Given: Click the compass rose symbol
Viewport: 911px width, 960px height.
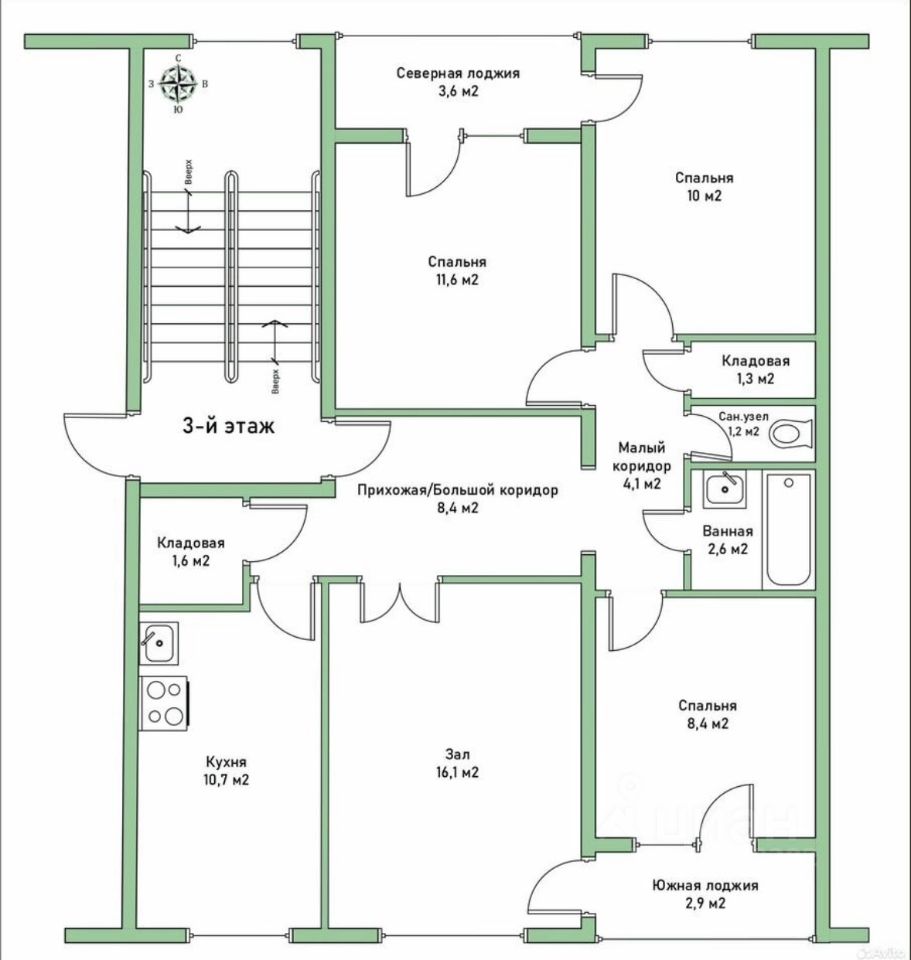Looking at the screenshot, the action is coord(178,85).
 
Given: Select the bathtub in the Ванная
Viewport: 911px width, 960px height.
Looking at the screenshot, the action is coord(788,531).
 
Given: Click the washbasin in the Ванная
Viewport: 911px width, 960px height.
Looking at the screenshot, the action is coord(721,490).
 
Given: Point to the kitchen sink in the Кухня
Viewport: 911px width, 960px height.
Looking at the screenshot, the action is coord(158,642).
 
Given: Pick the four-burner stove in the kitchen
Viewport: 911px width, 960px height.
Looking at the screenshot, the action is coord(163,702).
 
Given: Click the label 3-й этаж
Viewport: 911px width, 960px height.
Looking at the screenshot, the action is coord(228,425).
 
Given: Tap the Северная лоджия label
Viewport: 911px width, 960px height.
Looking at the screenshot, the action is coord(458,73).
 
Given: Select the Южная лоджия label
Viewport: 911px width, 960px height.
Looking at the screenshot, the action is coord(705,885).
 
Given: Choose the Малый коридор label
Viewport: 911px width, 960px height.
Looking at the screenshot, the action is coord(640,457).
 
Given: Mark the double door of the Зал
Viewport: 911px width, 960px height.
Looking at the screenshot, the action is coord(398,600).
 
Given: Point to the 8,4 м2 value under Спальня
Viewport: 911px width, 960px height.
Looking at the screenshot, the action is coord(705,723).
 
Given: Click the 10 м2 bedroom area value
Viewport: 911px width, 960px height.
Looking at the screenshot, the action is coord(697,196).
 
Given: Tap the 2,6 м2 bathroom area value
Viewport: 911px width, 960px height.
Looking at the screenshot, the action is coord(727,549).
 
